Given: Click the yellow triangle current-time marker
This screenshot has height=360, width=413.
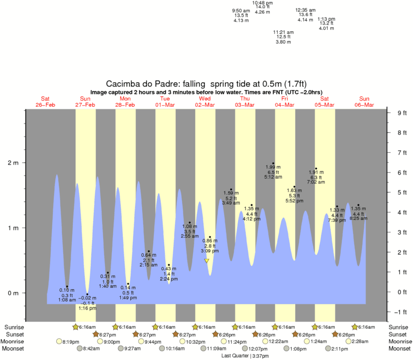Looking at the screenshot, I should (x=207, y=260).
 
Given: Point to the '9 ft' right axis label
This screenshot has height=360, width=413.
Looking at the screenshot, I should (x=402, y=113).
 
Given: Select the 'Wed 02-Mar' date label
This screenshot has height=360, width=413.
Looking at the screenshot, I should (x=205, y=102).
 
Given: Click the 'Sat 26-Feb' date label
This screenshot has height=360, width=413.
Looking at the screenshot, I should (x=45, y=102).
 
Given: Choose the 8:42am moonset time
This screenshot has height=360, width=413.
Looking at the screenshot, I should (x=91, y=349).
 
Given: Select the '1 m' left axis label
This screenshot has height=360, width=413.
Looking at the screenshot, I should (x=12, y=228).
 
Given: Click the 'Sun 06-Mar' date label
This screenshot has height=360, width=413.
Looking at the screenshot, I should (x=364, y=102).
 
